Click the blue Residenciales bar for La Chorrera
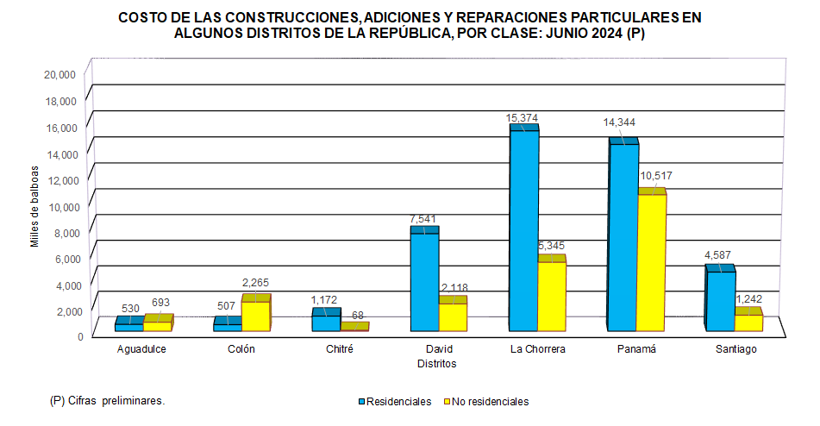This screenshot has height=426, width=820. click(523, 230)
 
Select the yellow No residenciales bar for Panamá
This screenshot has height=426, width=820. click(651, 262)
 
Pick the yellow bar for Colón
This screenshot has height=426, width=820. click(255, 316)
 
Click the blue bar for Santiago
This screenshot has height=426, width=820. click(720, 301)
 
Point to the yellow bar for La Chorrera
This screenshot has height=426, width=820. click(551, 296)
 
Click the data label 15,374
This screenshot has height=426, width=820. click(523, 117)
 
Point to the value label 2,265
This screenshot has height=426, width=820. click(256, 282)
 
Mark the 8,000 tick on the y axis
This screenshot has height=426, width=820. click(65, 232)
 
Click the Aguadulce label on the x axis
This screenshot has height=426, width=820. click(141, 349)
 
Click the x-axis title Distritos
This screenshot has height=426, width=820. click(436, 364)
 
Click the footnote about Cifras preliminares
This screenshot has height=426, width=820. click(107, 401)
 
